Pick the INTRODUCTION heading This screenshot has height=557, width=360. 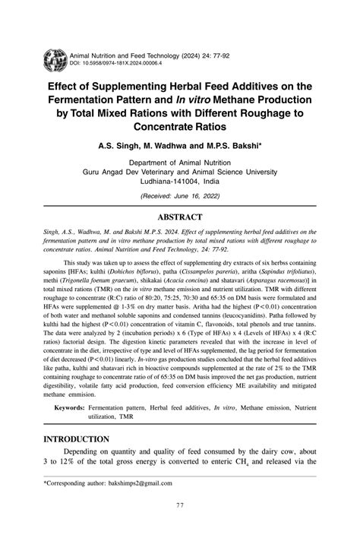76,439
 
